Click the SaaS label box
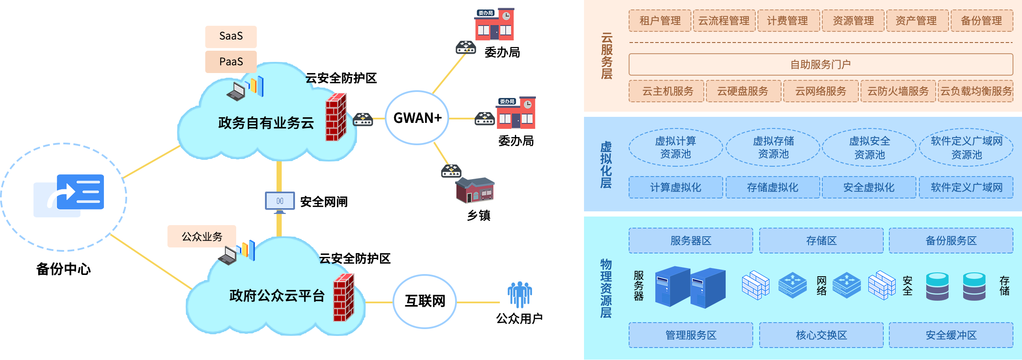(231, 37)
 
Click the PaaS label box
(231, 62)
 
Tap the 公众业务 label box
(201, 236)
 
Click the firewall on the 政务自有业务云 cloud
(336, 117)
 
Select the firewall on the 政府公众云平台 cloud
(344, 298)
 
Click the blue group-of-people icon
(520, 294)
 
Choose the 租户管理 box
(660, 21)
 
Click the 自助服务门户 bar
(820, 64)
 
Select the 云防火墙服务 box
(897, 91)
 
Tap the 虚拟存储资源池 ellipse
(773, 147)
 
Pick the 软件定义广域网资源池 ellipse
(966, 147)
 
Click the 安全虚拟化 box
(868, 187)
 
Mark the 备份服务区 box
(951, 241)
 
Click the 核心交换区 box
(821, 335)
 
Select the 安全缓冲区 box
(951, 335)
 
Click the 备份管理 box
(981, 21)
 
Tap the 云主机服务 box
(666, 91)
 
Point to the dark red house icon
(475, 190)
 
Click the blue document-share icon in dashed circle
(69, 195)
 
